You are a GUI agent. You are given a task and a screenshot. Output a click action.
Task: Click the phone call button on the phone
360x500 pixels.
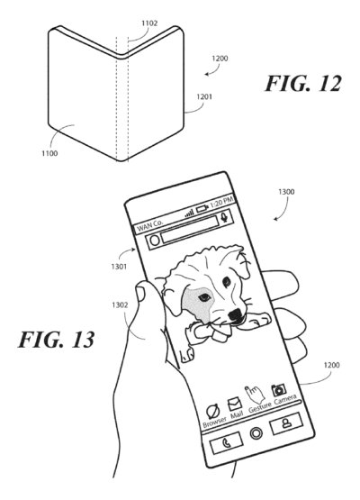(x=224, y=444)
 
